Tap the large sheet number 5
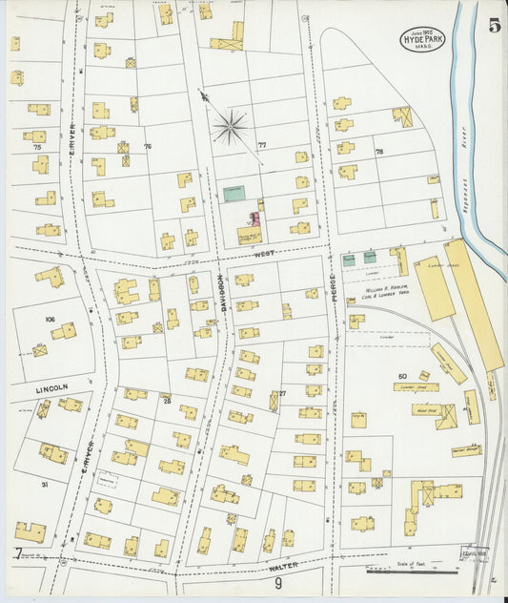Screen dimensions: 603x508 [494, 26]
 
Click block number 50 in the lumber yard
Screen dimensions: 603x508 [402, 377]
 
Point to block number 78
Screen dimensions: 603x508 [378, 152]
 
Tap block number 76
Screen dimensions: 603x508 [147, 146]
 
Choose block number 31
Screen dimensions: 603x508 [44, 485]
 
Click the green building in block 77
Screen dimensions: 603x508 [234, 194]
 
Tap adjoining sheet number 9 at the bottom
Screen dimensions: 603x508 [279, 582]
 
